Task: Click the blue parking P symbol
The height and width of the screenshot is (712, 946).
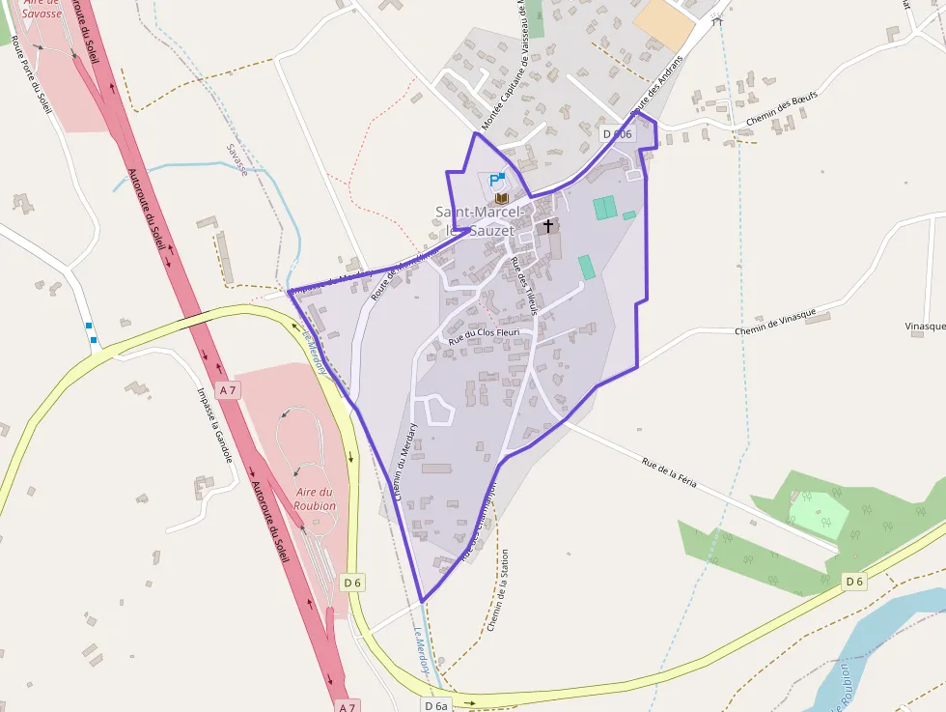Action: pyautogui.click(x=495, y=180)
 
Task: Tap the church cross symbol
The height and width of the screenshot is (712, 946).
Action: pyautogui.click(x=548, y=226)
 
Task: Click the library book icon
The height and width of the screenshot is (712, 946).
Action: pyautogui.click(x=500, y=197)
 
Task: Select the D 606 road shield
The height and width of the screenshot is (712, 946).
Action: pyautogui.click(x=616, y=134)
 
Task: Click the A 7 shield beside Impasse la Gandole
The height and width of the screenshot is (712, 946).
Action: pyautogui.click(x=228, y=390)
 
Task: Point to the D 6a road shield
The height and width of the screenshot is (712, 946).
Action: pyautogui.click(x=436, y=705)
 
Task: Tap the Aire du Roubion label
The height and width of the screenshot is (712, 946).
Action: pyautogui.click(x=316, y=498)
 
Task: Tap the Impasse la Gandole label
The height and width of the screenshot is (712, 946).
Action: pyautogui.click(x=214, y=425)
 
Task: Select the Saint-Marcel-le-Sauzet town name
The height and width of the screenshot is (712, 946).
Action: pyautogui.click(x=480, y=221)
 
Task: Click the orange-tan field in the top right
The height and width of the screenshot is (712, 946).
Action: pyautogui.click(x=663, y=23)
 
